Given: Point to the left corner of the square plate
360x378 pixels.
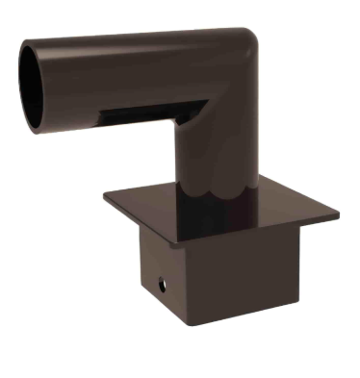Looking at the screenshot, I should (x=107, y=195).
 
